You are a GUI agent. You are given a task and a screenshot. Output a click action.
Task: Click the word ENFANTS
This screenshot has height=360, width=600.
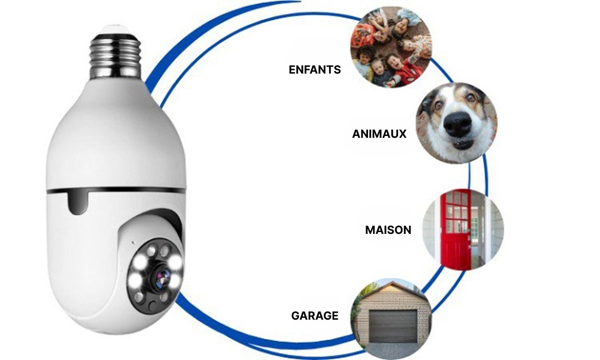315,70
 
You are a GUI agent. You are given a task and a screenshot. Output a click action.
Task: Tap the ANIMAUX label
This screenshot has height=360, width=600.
379,134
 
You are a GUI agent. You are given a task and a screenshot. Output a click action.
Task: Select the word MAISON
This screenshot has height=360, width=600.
388,230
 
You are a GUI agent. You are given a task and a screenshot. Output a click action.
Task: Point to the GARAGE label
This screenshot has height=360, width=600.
315,315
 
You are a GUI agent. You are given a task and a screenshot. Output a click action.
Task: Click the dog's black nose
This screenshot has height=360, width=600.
457,124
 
